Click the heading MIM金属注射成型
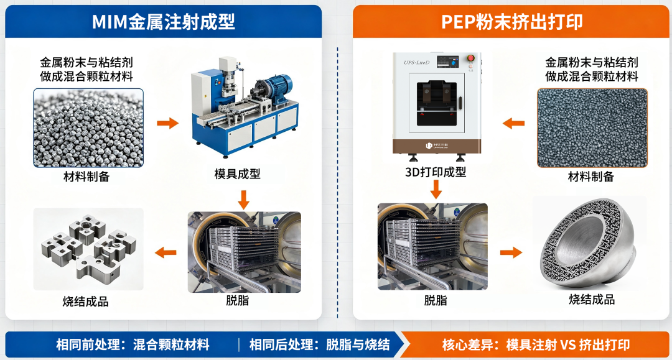coord(163,21)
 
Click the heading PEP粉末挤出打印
coord(511,21)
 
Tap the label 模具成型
coord(237,174)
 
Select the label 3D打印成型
coord(436,172)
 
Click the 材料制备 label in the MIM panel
coord(86,177)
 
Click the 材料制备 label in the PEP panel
coord(591,177)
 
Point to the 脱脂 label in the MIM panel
coord(238,300)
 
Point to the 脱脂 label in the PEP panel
coord(436,300)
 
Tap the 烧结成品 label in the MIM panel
coord(85,302)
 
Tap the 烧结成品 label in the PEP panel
coord(592,299)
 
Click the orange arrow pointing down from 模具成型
coord(243,200)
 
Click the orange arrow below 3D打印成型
coord(436,190)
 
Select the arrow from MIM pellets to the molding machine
coord(167,123)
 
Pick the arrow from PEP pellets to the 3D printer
coord(513,124)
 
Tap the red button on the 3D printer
coord(470,58)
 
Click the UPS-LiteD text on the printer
coord(416,63)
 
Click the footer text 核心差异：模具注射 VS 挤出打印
coord(536,344)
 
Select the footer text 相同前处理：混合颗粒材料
coord(133,344)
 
